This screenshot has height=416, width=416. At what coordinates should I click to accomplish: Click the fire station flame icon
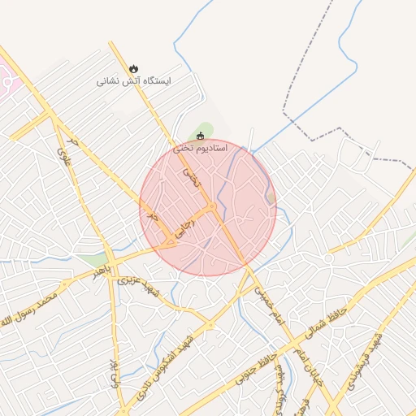point(134,69)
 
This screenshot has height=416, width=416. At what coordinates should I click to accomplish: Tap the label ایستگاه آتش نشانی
point(123,81)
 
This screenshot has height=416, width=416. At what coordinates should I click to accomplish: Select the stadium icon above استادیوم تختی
point(201,136)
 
